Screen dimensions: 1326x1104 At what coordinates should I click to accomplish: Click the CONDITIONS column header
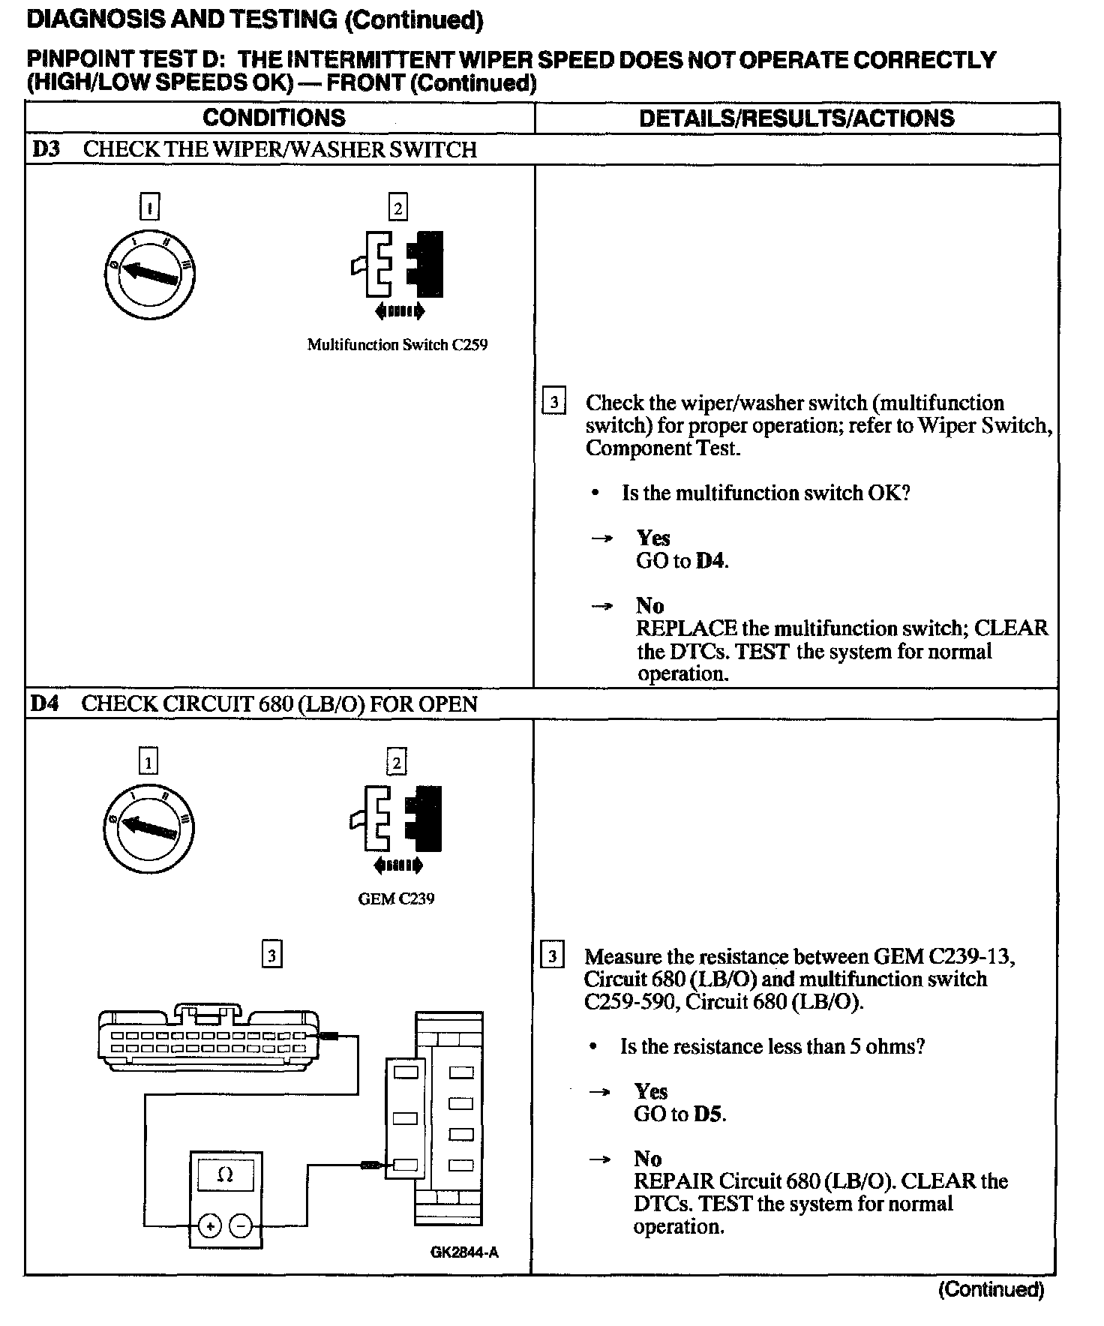[x=274, y=118]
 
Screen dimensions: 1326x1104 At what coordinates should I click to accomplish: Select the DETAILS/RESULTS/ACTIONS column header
[x=796, y=118]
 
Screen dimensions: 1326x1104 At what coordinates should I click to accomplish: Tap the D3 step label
[x=46, y=149]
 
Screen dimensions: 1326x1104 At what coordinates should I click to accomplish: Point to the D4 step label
[x=45, y=704]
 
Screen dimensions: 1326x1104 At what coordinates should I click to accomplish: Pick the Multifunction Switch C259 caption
[x=397, y=345]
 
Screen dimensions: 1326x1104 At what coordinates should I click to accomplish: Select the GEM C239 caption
[x=396, y=898]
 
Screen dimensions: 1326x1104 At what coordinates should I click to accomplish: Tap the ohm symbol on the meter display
[x=224, y=1175]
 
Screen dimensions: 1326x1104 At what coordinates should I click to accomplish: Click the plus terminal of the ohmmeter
[x=210, y=1226]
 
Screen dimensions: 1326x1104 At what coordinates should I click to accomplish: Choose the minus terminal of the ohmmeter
[x=241, y=1226]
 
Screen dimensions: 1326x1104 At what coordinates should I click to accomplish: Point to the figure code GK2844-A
[x=464, y=1252]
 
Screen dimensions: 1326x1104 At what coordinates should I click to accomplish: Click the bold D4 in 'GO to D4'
[x=711, y=561]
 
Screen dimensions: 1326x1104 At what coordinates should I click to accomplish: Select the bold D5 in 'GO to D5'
[x=709, y=1114]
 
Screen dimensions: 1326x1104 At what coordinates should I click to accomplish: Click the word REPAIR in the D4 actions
[x=673, y=1181]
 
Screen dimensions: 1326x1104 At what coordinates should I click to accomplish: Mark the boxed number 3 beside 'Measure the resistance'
[x=553, y=956]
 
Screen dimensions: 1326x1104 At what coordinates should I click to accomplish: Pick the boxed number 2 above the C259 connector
[x=397, y=208]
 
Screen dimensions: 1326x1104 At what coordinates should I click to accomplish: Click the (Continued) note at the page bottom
[x=991, y=1289]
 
